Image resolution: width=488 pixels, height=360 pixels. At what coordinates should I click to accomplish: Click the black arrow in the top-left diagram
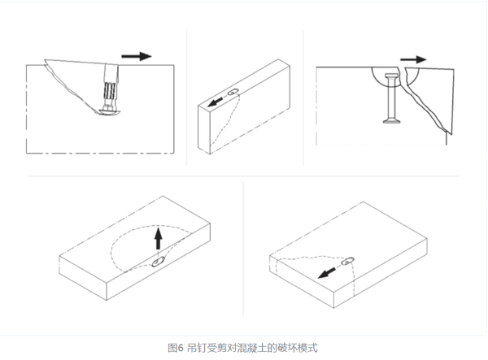point(137,56)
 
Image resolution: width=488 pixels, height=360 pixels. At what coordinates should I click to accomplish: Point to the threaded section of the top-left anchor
point(110,90)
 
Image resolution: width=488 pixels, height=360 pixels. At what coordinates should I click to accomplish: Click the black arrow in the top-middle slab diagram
point(216,102)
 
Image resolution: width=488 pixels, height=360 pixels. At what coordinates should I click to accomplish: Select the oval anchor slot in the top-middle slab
point(233,92)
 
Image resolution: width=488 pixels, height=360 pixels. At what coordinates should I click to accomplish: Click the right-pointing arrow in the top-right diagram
point(413,59)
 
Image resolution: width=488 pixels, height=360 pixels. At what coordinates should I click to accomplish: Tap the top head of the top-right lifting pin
point(392,76)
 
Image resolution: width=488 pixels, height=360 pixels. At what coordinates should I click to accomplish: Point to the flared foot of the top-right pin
point(392,120)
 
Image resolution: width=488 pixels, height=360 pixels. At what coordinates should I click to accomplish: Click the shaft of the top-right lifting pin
point(392,98)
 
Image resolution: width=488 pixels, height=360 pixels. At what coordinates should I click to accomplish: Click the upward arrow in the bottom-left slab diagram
point(159,238)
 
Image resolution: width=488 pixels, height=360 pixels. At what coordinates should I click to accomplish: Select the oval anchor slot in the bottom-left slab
point(159,262)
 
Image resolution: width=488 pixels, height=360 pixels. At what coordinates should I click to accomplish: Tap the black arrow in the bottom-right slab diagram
point(327,273)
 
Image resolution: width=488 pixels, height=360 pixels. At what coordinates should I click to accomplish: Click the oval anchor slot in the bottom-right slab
point(347,261)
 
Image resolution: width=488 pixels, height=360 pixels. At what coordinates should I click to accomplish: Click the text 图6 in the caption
point(176,348)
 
